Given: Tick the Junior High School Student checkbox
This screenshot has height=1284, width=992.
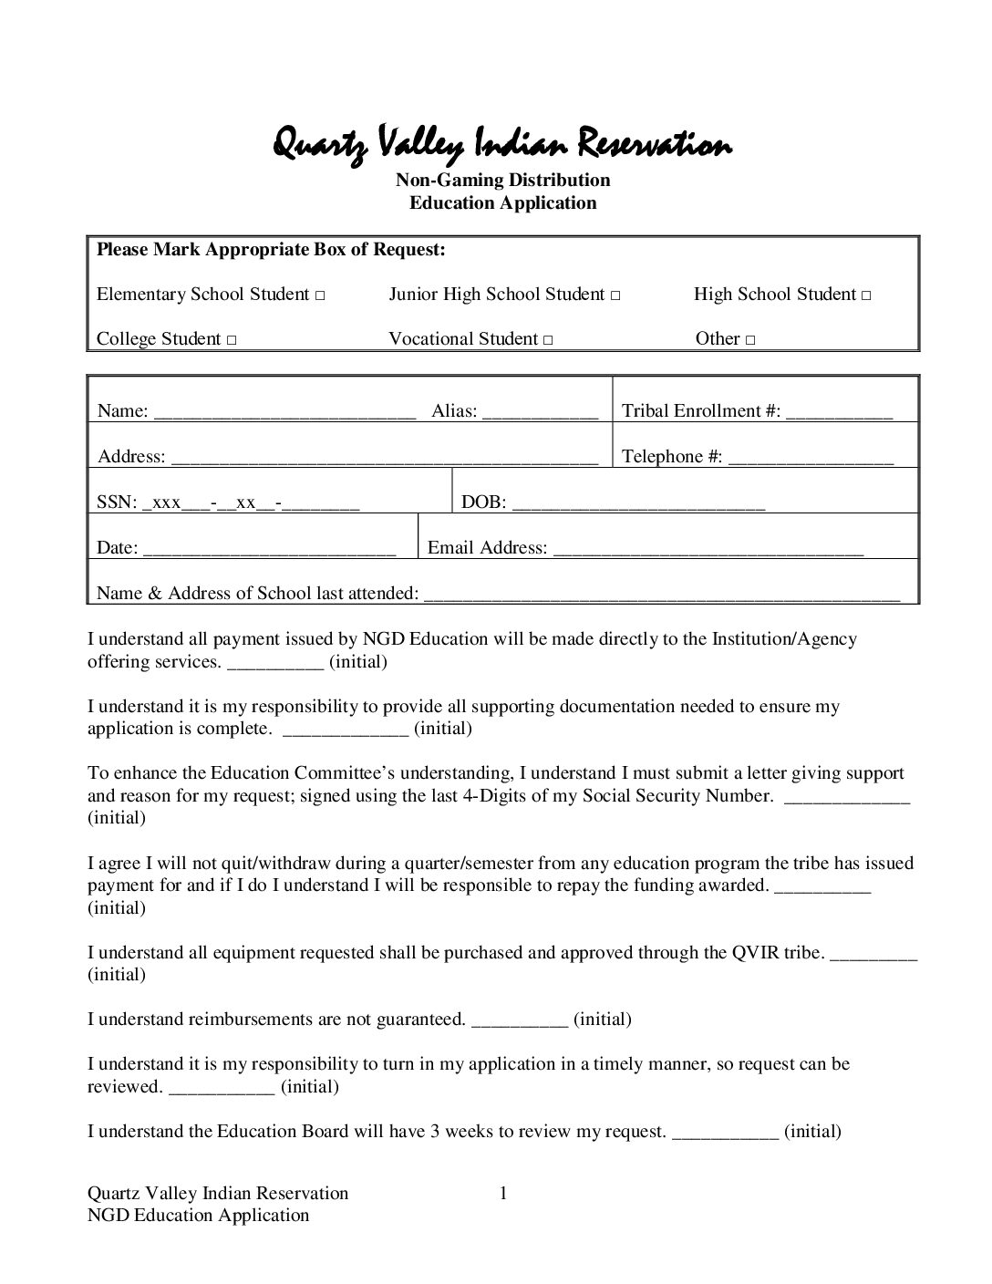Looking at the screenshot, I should point(615,296).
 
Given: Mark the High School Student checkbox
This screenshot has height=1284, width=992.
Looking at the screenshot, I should point(866,296).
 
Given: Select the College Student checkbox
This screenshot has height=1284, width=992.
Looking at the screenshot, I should point(232,341).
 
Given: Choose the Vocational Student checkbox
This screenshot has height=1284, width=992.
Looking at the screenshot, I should point(547,341).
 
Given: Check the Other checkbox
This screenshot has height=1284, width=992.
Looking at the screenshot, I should point(749,341).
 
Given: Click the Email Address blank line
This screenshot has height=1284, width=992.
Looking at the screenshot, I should point(708,549).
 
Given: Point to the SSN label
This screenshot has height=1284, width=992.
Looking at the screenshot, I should point(115,502).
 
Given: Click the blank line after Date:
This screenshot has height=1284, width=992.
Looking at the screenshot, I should point(269,549).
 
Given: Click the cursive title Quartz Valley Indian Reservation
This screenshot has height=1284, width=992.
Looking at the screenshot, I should point(502,144).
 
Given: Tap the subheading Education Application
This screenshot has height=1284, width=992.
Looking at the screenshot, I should point(502,202).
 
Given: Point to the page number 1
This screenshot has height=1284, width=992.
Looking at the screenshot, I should point(502,1193).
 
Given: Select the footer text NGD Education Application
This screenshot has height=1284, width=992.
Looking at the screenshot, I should point(198,1215).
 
